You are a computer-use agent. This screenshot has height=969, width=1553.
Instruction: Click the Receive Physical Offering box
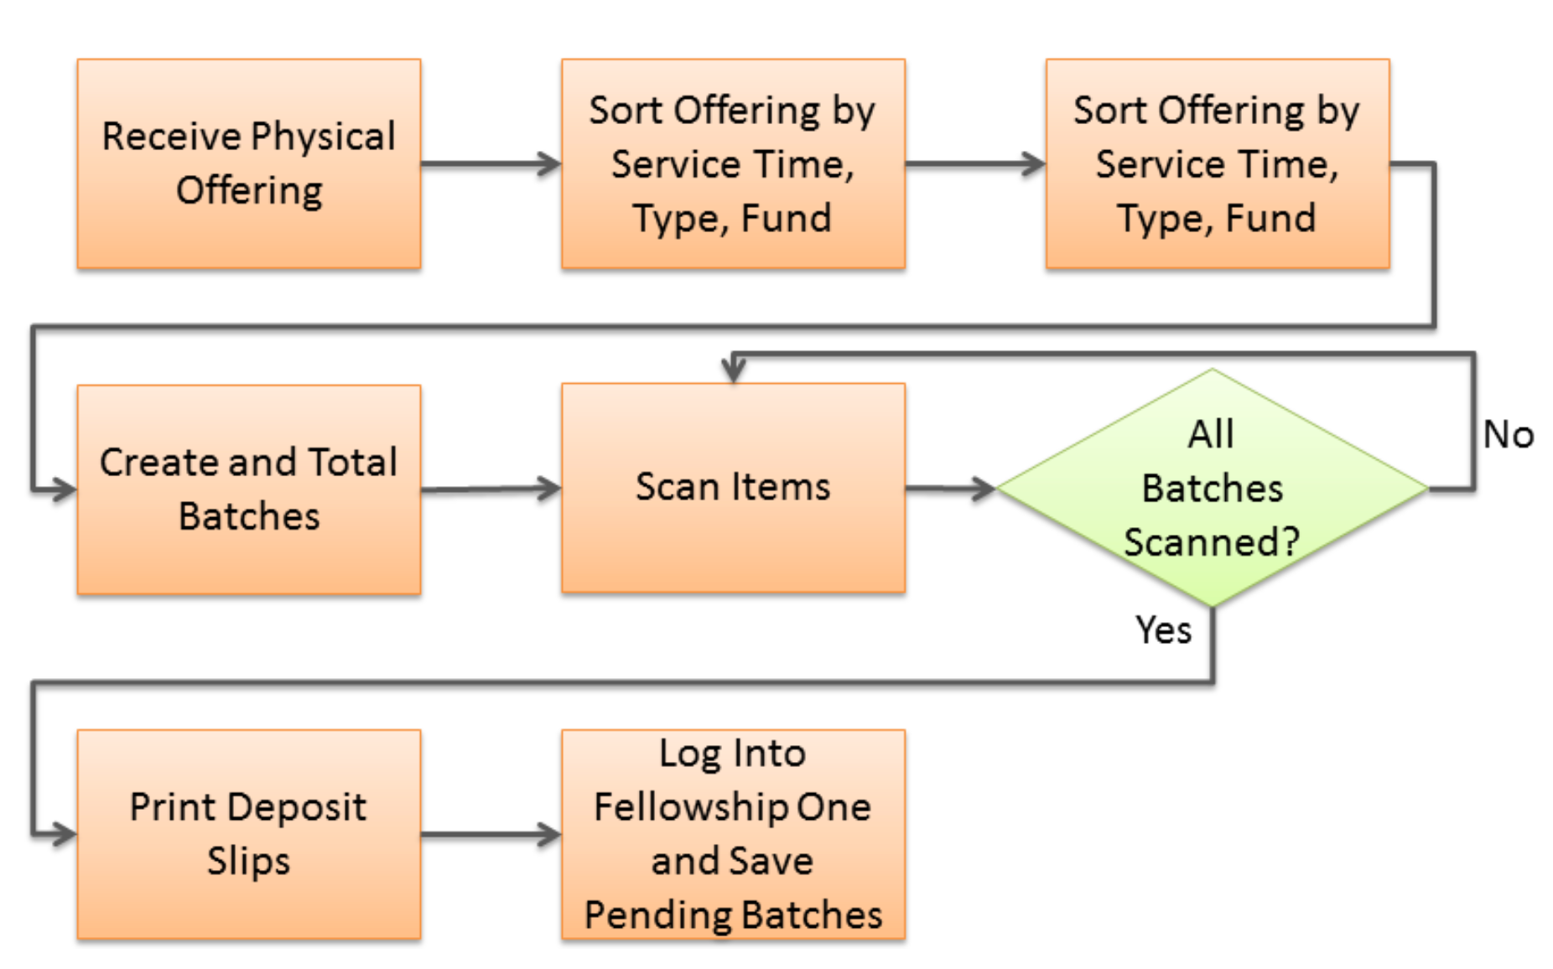pyautogui.click(x=249, y=164)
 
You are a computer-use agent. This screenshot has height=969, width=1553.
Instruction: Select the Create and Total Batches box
pyautogui.click(x=249, y=490)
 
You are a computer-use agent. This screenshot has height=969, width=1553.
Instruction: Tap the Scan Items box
pyautogui.click(x=733, y=488)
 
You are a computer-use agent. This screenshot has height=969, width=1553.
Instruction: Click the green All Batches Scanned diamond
pyautogui.click(x=1212, y=488)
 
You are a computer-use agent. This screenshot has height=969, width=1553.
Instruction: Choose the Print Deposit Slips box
pyautogui.click(x=249, y=834)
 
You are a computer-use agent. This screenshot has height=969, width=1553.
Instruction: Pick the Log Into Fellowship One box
pyautogui.click(x=733, y=834)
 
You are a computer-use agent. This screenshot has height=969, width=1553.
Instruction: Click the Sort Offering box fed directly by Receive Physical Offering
pyautogui.click(x=733, y=164)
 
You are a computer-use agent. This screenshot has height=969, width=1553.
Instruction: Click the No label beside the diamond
pyautogui.click(x=1508, y=435)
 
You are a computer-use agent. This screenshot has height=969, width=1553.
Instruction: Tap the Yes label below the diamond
pyautogui.click(x=1163, y=630)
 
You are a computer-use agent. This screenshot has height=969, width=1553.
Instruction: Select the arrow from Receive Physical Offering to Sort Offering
pyautogui.click(x=491, y=164)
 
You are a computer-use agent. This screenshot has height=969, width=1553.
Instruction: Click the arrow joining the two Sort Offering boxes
pyautogui.click(x=976, y=164)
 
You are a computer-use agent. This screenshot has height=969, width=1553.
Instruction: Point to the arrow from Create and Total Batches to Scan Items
pyautogui.click(x=491, y=489)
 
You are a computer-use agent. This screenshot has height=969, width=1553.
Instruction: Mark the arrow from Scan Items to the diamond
pyautogui.click(x=951, y=488)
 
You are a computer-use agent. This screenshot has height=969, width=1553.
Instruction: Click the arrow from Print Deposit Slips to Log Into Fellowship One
pyautogui.click(x=491, y=834)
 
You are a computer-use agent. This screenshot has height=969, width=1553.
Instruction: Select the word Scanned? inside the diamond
pyautogui.click(x=1212, y=541)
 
